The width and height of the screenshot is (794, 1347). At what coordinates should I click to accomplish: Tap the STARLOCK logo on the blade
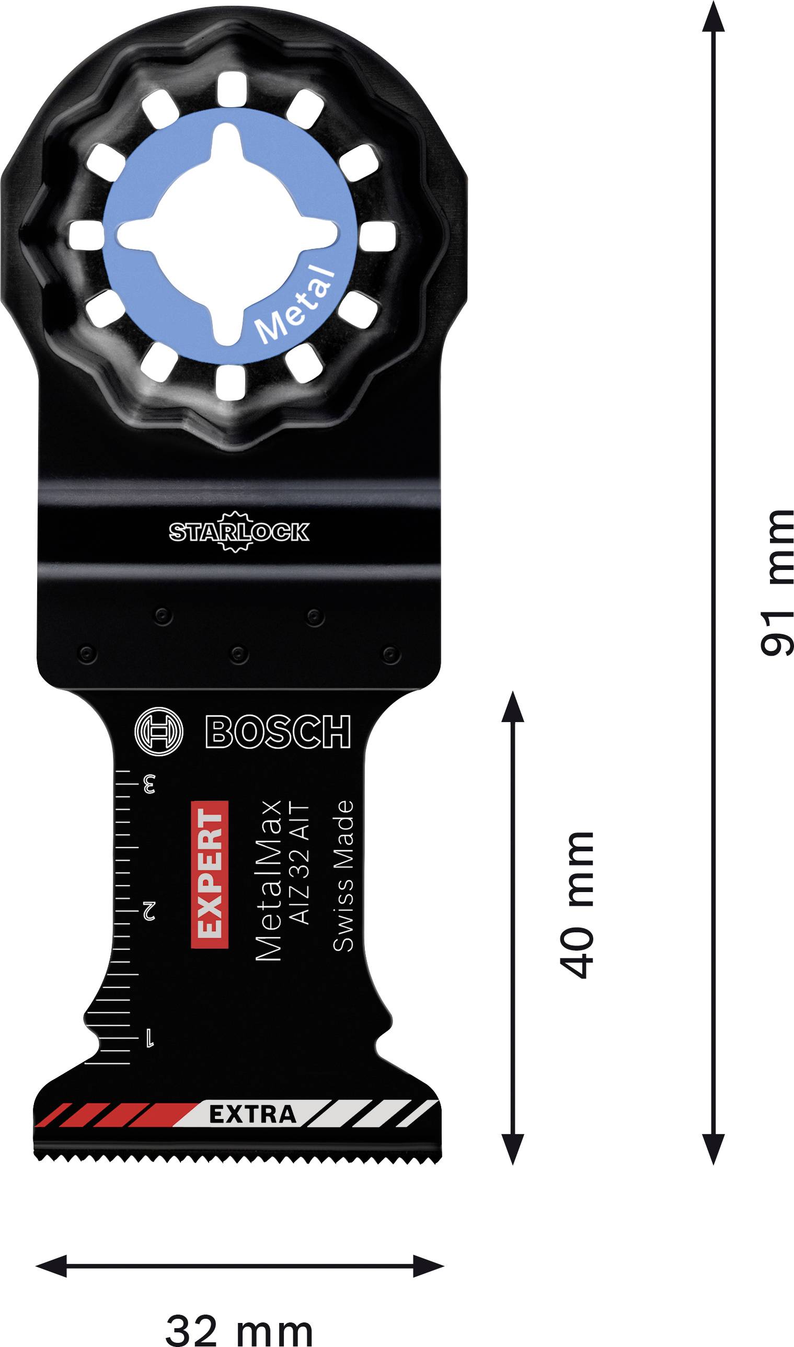pyautogui.click(x=239, y=531)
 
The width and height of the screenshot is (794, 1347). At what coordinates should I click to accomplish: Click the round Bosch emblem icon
pyautogui.click(x=159, y=732)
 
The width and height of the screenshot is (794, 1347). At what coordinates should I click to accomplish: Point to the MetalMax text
pyautogui.click(x=269, y=881)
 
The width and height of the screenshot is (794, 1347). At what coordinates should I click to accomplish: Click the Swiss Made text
pyautogui.click(x=343, y=876)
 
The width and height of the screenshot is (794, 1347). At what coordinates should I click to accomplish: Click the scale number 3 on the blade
pyautogui.click(x=149, y=785)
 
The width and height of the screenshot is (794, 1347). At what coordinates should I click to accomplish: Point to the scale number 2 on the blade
pyautogui.click(x=149, y=910)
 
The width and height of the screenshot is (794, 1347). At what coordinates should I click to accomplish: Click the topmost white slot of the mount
pyautogui.click(x=232, y=88)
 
